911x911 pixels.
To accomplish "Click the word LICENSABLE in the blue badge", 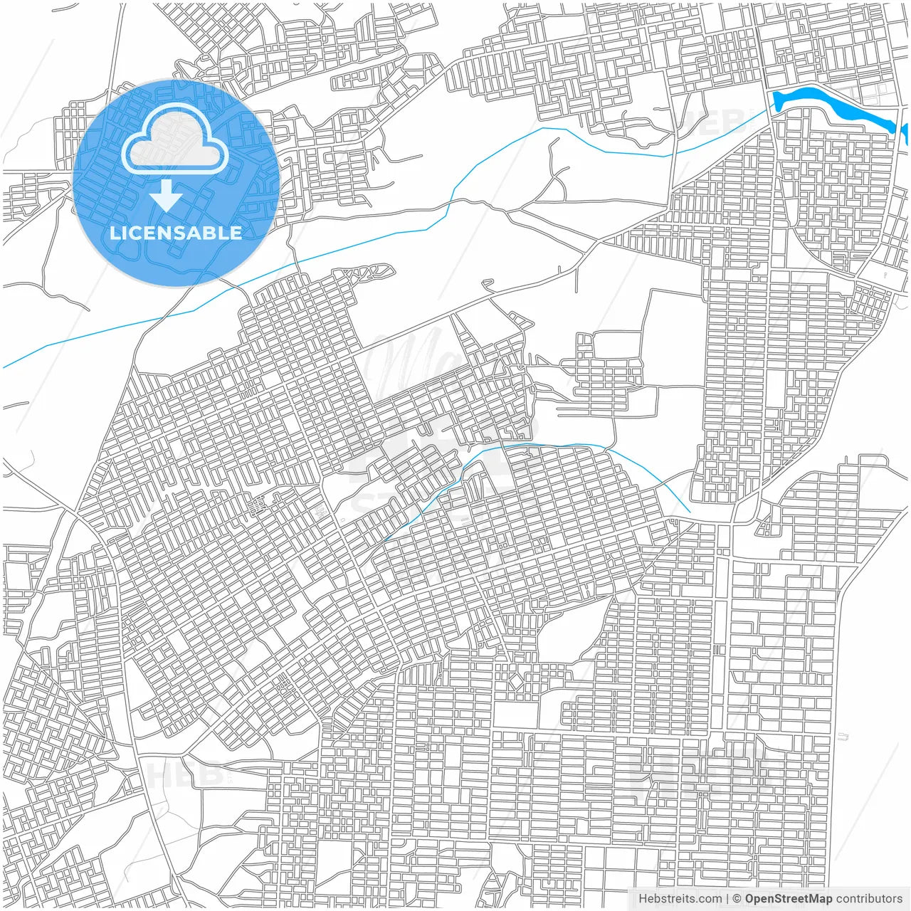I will click(x=176, y=233).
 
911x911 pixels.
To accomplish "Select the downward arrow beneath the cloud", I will click(x=166, y=195).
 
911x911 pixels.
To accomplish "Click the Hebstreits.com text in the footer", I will click(x=680, y=899).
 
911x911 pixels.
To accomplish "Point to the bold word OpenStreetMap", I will click(x=789, y=899).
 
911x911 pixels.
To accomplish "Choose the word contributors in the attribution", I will click(x=869, y=899).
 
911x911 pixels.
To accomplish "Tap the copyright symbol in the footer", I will click(x=737, y=899).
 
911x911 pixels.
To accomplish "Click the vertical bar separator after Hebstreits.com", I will click(x=727, y=899).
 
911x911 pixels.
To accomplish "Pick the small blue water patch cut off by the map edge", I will click(x=905, y=132).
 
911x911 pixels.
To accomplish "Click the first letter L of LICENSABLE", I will click(x=114, y=233).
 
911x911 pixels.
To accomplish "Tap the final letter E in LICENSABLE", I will click(x=236, y=233).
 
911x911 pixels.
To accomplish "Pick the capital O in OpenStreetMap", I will click(x=750, y=899).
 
